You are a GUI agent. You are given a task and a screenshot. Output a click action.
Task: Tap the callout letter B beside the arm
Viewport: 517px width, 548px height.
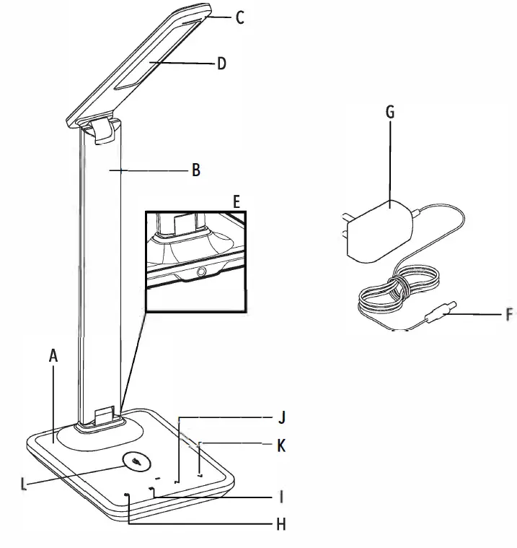[x=195, y=171]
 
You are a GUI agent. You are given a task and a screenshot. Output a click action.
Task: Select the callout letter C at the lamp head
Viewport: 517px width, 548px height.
[x=240, y=17]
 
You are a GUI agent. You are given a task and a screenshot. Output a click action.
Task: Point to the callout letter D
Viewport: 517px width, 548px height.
[x=222, y=64]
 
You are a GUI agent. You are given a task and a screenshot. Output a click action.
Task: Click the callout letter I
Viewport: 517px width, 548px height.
[x=281, y=497]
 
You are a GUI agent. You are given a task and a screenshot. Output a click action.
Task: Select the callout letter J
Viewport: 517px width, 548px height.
[x=282, y=417]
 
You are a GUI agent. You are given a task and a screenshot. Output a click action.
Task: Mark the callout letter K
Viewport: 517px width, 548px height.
[x=281, y=446]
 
